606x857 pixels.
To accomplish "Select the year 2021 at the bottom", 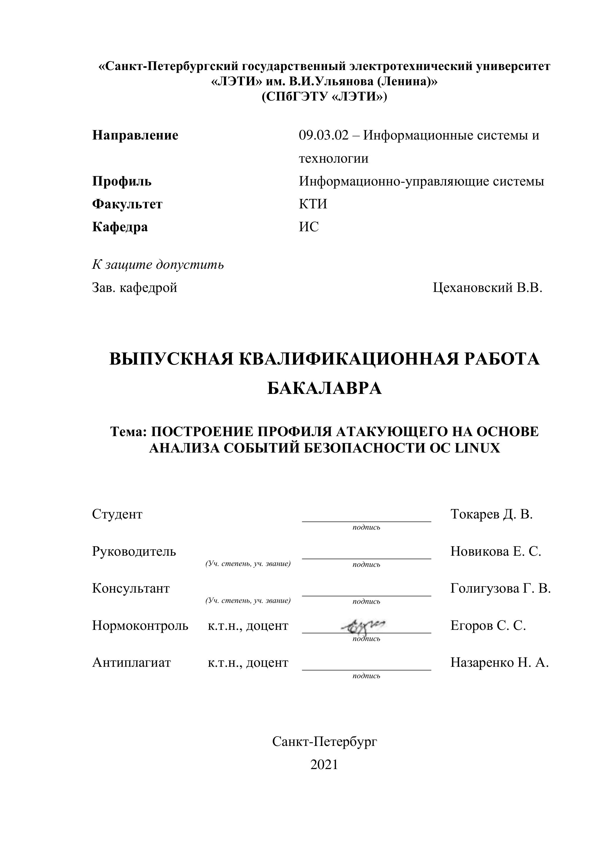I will (324, 765).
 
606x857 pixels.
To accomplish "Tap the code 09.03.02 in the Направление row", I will (324, 135).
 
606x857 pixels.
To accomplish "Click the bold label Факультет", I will (127, 204).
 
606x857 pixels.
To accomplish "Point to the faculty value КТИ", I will (313, 204).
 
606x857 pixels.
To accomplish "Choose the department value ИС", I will (309, 227).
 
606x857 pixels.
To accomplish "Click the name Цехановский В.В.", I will (487, 288).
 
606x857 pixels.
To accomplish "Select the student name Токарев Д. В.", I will (491, 514).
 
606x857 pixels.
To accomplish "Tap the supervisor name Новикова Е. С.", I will (496, 551).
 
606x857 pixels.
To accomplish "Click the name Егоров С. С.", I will (488, 625).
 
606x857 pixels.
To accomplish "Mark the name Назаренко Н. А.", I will (499, 662).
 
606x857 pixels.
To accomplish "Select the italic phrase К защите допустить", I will (158, 265).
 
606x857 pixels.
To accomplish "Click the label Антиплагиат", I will (131, 662).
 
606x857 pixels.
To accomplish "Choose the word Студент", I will (117, 514).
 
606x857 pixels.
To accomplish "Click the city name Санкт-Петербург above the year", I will (324, 742).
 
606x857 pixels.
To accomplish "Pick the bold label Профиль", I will (122, 181).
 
